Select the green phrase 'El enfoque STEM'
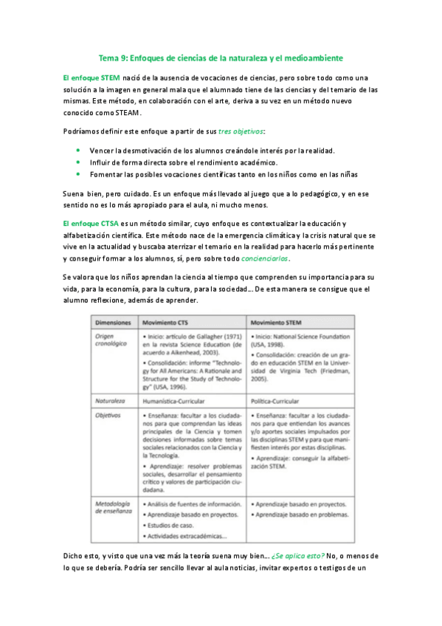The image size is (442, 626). click(91, 78)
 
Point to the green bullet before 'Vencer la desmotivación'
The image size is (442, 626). click(78, 150)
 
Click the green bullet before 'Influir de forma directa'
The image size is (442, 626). click(78, 162)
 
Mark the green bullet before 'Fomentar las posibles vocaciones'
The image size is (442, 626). click(78, 173)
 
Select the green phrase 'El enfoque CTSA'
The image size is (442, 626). click(91, 224)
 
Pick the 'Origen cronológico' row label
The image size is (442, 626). click(111, 340)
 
